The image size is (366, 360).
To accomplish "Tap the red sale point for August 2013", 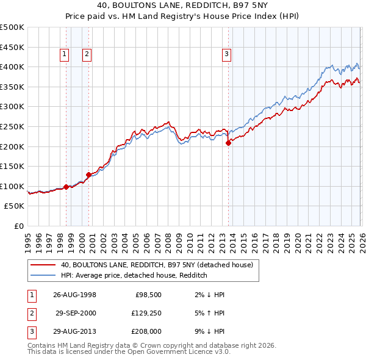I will [x=228, y=143].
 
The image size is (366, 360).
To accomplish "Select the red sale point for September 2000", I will [x=88, y=175].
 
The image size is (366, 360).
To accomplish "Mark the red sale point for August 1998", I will [x=66, y=187].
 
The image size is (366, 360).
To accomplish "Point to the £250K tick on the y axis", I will [x=12, y=126].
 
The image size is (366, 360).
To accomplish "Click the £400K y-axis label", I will [x=12, y=67].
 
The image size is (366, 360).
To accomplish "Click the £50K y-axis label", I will [x=14, y=206].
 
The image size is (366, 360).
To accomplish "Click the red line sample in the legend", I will [x=43, y=265].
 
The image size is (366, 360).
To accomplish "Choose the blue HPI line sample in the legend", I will [x=43, y=275].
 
